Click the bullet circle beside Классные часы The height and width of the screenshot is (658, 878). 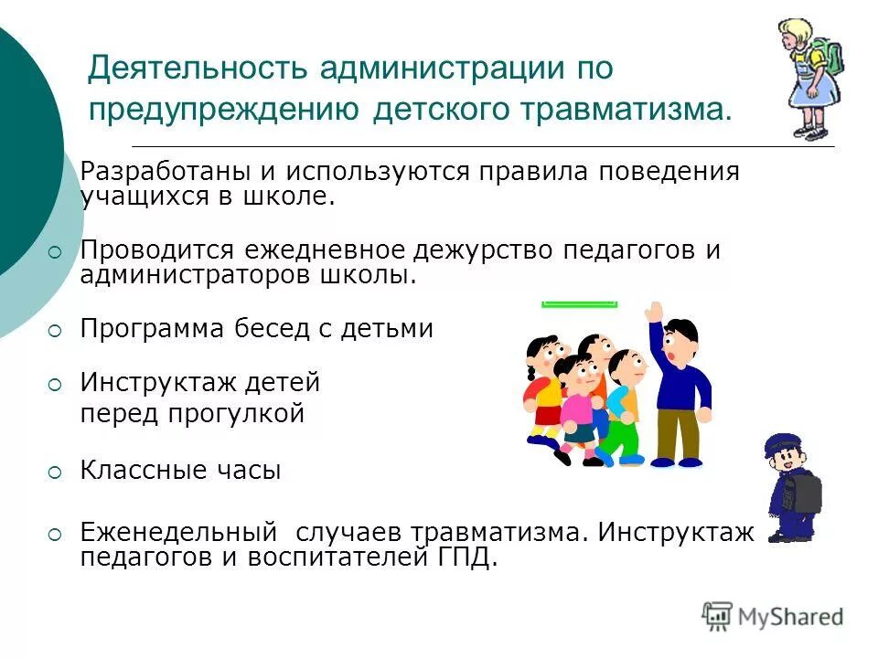point(55,472)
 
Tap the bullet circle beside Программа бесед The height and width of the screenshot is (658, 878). point(55,331)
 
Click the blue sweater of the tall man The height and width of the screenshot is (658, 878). point(681,384)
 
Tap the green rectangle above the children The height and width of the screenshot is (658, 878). point(579,303)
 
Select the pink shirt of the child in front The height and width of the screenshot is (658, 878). point(577,407)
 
